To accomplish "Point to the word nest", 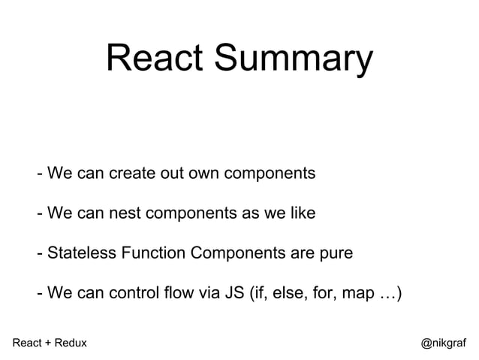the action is click(x=132, y=214).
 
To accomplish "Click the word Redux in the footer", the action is click(x=70, y=343).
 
